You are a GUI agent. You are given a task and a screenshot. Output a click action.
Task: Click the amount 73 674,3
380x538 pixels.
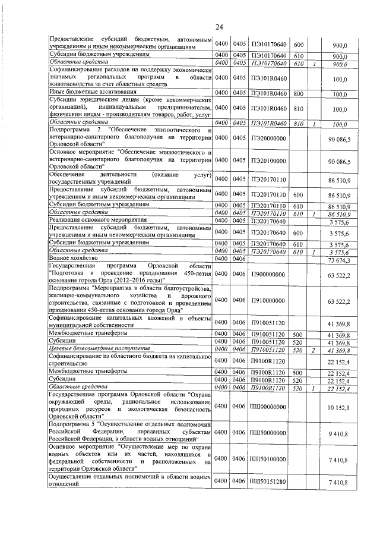(x=339, y=260)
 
